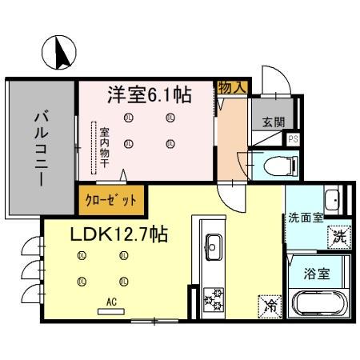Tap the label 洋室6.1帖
pos(150,95)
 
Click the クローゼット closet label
pos(111,200)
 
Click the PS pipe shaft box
pos(294,139)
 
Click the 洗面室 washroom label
pos(305,216)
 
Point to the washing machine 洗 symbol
pos(339,237)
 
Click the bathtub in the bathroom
pos(319,305)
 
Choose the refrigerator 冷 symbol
pos(270,305)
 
